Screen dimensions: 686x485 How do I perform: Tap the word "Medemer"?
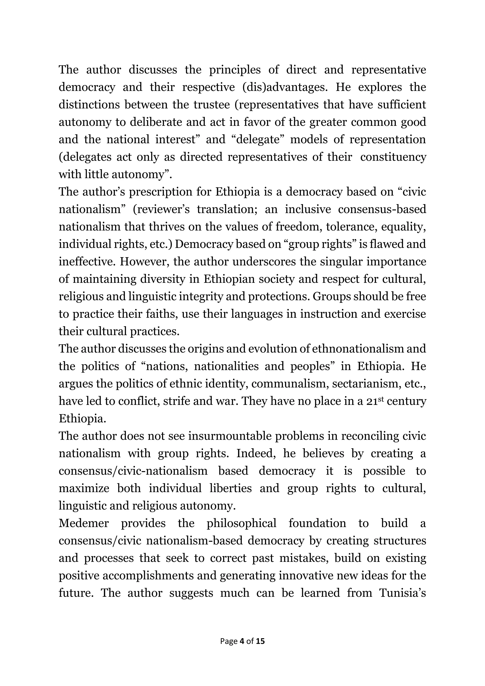coord(84,523)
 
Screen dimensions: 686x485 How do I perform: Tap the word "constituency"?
coord(393,157)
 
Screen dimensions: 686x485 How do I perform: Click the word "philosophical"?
coord(241,523)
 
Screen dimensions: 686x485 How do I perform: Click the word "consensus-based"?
coord(382,209)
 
